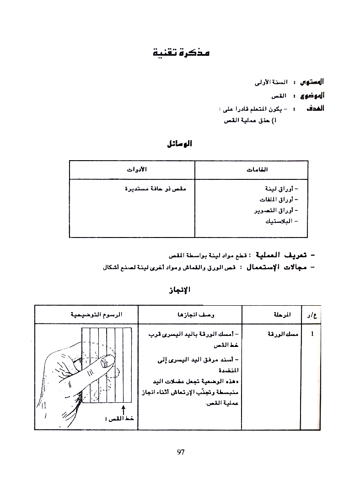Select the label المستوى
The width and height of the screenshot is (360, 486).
pos(312,82)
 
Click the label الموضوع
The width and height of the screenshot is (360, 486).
pos(312,96)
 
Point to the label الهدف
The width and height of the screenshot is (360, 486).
pos(315,109)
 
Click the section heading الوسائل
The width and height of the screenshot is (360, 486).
pos(180,144)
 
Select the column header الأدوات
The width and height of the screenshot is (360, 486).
pos(136,170)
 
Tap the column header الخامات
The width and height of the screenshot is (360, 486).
pos(257,170)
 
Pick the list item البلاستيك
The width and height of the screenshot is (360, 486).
pos(279,221)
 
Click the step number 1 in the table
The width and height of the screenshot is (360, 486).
pos(312,334)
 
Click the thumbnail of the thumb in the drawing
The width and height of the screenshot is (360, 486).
pos(106,362)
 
